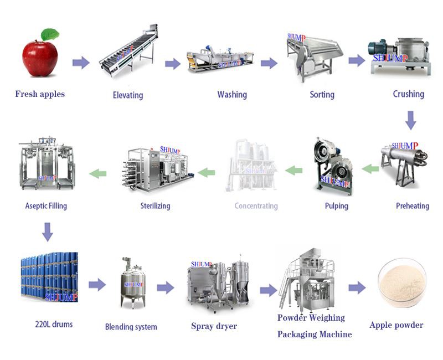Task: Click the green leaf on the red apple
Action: [x=50, y=34]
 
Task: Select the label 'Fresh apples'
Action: [x=40, y=94]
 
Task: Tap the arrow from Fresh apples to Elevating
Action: [x=81, y=63]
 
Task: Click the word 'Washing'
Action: [x=232, y=95]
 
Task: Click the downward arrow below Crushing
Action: [x=410, y=120]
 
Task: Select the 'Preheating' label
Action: [x=413, y=206]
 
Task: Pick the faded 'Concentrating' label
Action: [x=256, y=206]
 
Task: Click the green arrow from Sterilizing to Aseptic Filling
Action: [x=98, y=173]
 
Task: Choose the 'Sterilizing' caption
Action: [x=155, y=206]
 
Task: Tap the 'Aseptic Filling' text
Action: [x=46, y=206]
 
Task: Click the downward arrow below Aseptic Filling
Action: [x=48, y=232]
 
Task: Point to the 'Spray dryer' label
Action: [x=214, y=326]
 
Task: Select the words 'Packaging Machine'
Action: [x=315, y=335]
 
